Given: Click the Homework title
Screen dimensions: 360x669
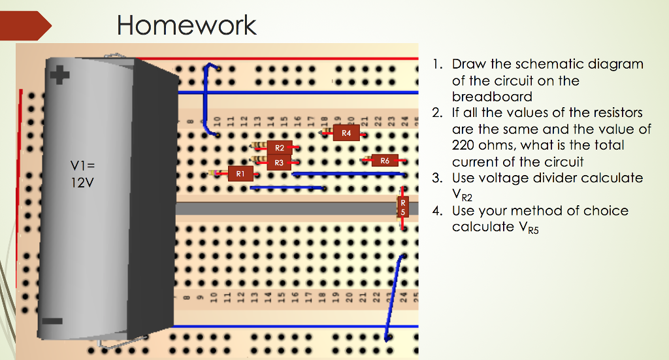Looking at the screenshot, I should click(x=186, y=25).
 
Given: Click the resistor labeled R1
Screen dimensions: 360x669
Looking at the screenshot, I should click(x=240, y=173).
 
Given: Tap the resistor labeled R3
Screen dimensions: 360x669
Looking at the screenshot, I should click(x=279, y=162).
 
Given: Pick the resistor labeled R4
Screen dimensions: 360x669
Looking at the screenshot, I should click(x=346, y=133).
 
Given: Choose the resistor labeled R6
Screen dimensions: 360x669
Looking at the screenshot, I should click(x=384, y=160).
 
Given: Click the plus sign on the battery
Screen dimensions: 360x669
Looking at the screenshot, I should click(x=60, y=76).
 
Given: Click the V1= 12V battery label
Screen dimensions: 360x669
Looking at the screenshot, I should click(x=82, y=174).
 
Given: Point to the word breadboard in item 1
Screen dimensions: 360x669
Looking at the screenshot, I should click(x=492, y=97).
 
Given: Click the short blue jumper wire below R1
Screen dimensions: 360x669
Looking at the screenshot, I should click(x=287, y=188).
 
